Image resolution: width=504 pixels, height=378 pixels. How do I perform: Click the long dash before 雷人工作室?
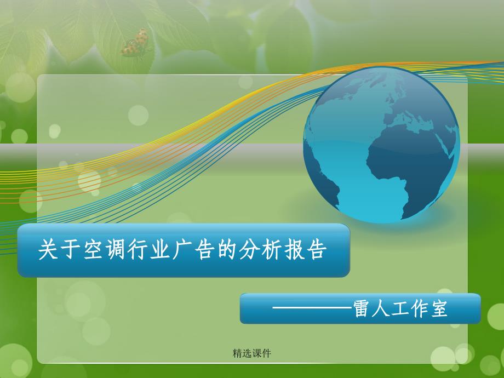[x=312, y=309]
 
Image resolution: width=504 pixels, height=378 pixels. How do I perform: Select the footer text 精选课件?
[x=252, y=353]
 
